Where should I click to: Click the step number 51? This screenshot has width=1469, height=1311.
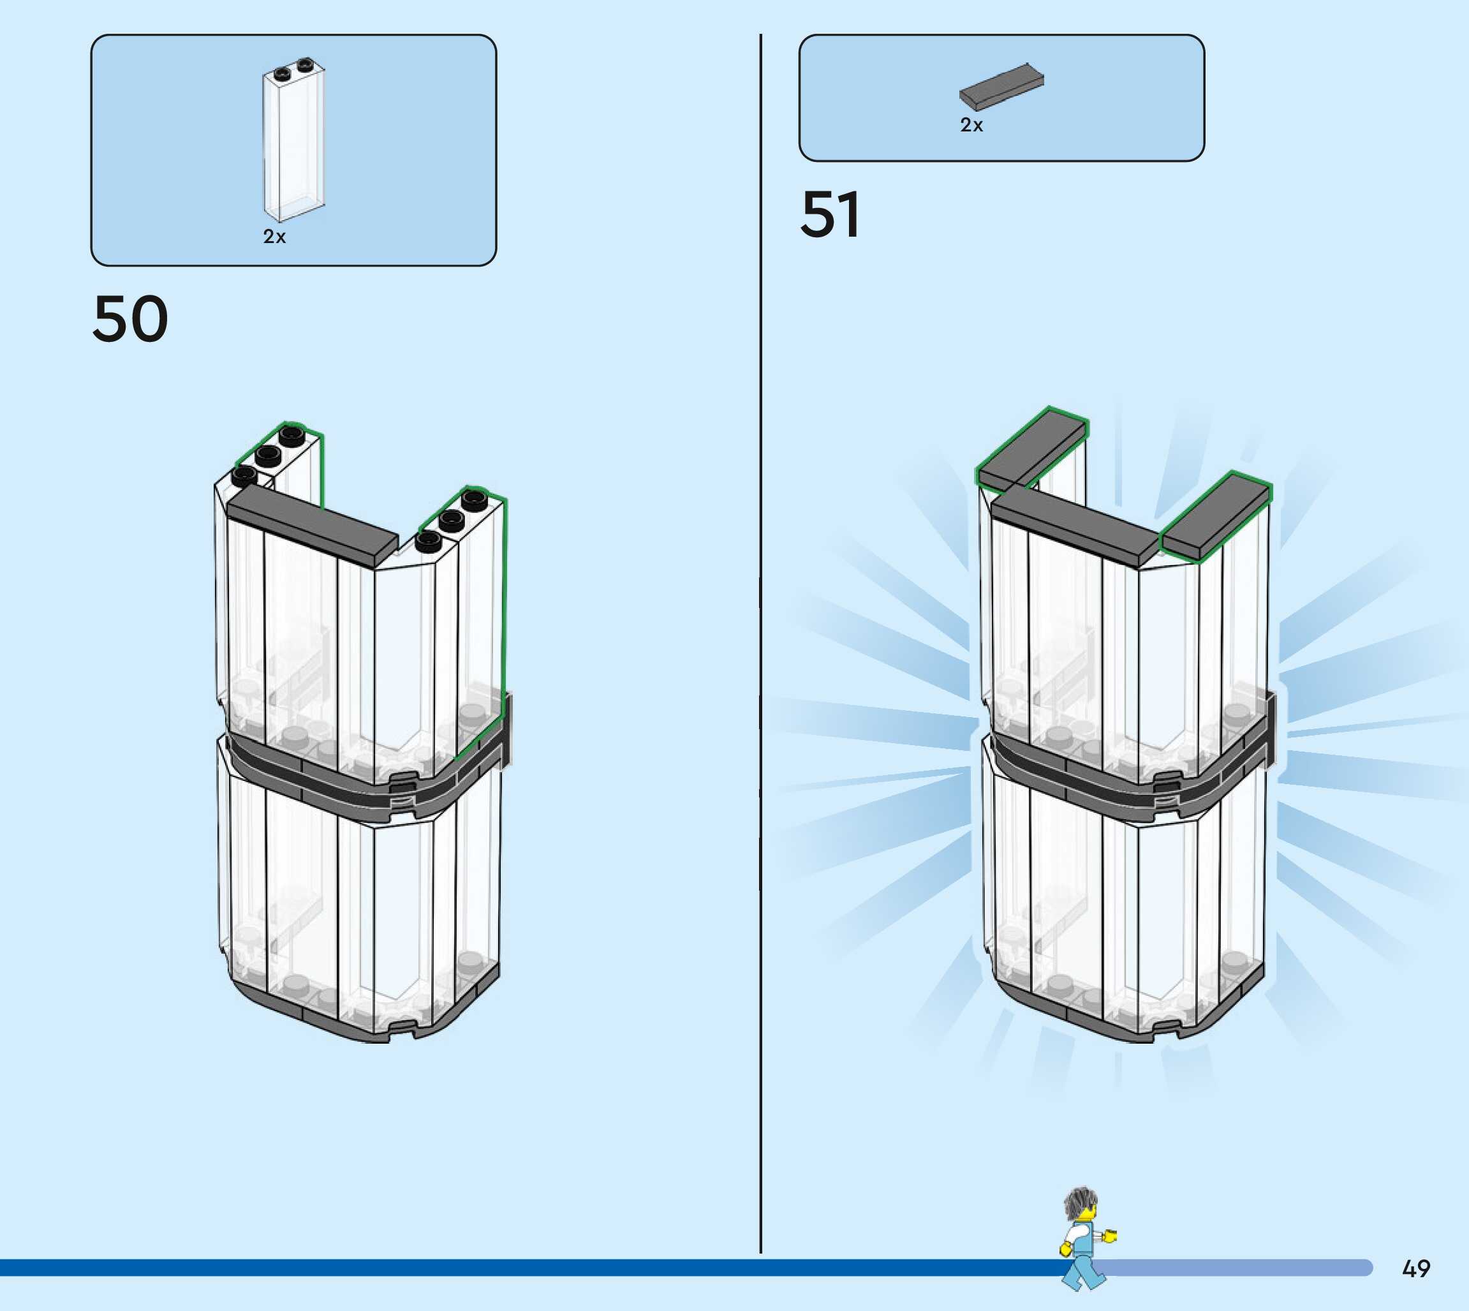830,214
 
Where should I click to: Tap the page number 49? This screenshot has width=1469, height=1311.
1415,1268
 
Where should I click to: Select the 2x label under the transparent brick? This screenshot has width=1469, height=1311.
274,237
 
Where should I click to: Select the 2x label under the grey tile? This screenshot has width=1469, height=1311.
971,125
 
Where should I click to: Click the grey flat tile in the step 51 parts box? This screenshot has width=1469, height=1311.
1001,85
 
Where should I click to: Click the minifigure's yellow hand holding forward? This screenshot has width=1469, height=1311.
1111,1237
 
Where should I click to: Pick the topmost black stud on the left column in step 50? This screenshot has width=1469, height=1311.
291,434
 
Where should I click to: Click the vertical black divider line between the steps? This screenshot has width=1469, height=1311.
760,648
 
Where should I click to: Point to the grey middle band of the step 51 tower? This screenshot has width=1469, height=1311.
1123,774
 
